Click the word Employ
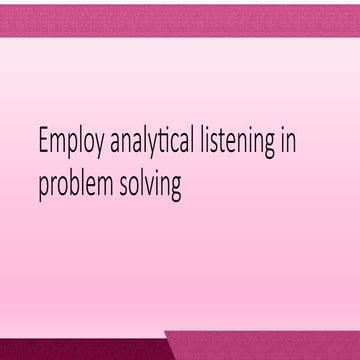(69, 144)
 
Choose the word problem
(77, 186)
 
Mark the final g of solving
(175, 189)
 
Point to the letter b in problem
(78, 184)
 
